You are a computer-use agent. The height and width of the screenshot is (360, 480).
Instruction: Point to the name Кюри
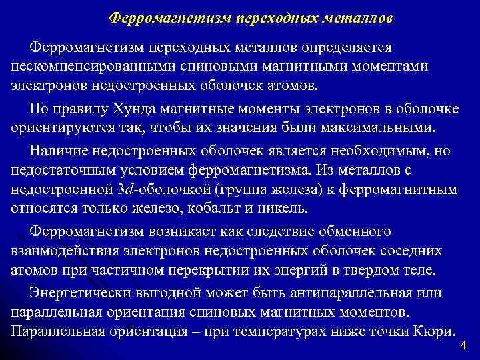point(437,331)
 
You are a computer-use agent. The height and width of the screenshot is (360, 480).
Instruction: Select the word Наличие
point(59,153)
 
